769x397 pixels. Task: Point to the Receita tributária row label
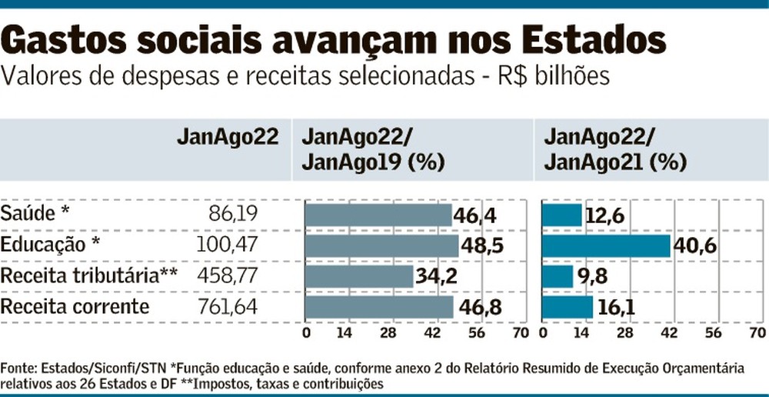pos(89,276)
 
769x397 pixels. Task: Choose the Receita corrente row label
pos(75,308)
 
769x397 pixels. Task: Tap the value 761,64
pos(228,308)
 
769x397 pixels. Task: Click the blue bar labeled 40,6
pos(606,246)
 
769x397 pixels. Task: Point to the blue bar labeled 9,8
pos(558,277)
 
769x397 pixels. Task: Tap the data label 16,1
pos(619,308)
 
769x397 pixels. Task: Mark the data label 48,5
pos(481,246)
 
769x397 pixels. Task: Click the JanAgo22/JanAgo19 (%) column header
pos(365,149)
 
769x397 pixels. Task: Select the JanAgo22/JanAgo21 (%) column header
pos(604,149)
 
